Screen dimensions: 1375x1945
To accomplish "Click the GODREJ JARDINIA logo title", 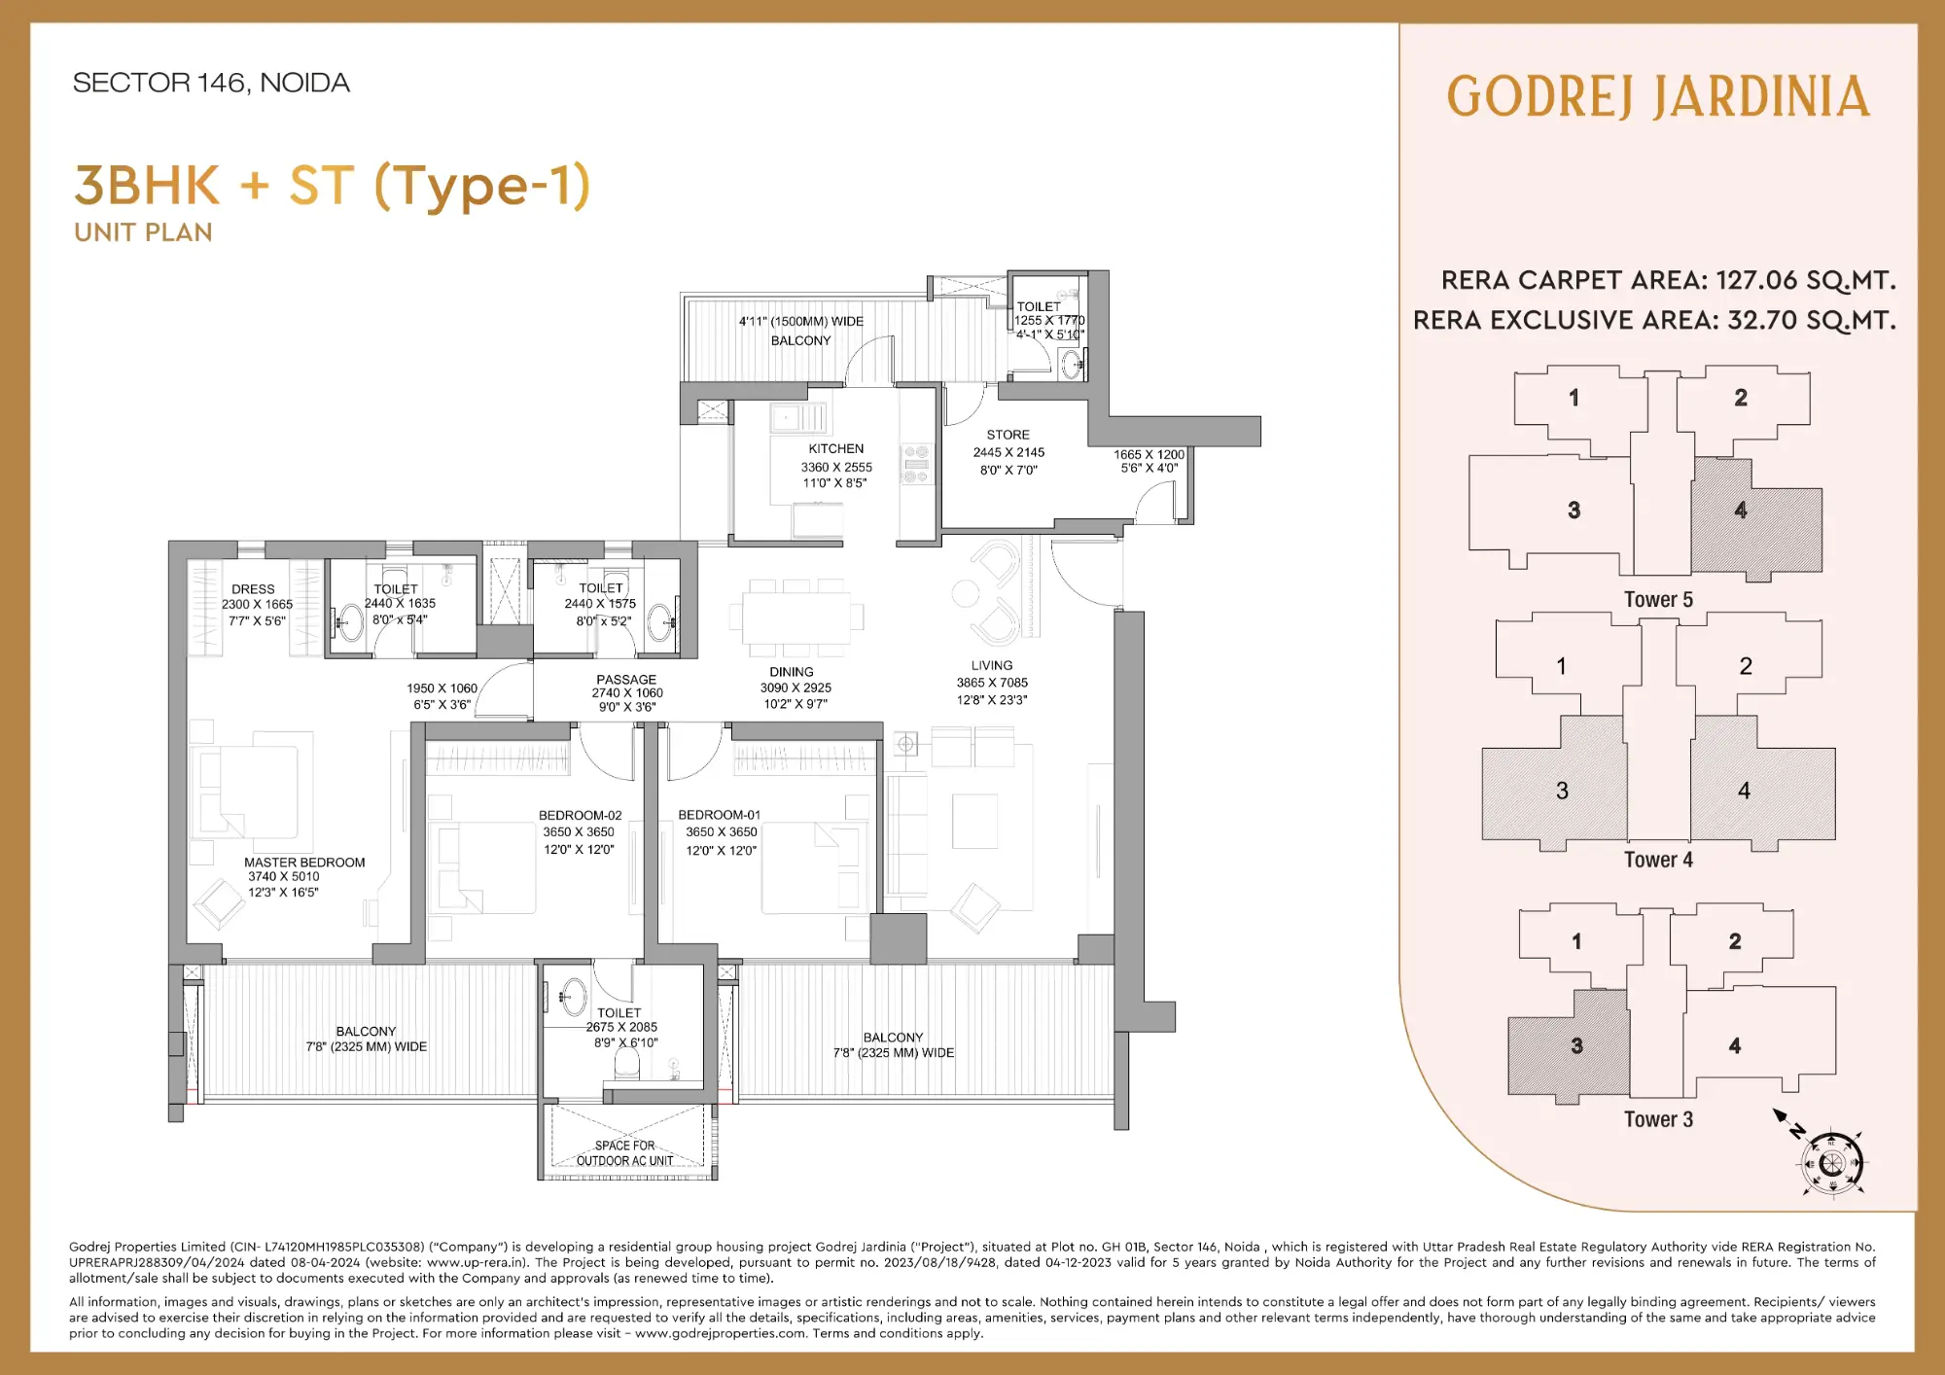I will click(1658, 97).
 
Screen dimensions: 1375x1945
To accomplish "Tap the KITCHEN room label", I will click(835, 448).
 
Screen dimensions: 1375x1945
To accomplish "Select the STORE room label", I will click(1008, 435).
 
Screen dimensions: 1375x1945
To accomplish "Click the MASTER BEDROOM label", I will click(304, 863).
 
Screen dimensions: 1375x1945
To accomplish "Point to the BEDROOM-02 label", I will click(580, 815).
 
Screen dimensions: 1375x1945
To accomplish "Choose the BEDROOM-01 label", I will click(719, 815).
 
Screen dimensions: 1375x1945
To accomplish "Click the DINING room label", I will click(791, 672).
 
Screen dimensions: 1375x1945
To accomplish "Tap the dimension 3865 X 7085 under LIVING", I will click(991, 683).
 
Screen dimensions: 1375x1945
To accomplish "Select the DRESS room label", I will click(253, 589).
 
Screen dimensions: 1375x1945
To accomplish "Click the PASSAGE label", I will click(626, 680).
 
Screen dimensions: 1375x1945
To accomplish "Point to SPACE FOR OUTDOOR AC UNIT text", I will click(624, 1153).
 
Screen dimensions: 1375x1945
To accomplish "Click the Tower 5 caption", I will click(1658, 600).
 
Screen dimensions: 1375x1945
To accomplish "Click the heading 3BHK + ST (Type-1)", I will click(333, 185).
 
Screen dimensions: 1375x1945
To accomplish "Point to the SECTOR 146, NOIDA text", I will click(211, 83).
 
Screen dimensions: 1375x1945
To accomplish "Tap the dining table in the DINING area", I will click(796, 617).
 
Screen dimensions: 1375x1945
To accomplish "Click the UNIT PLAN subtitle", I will click(143, 232).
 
